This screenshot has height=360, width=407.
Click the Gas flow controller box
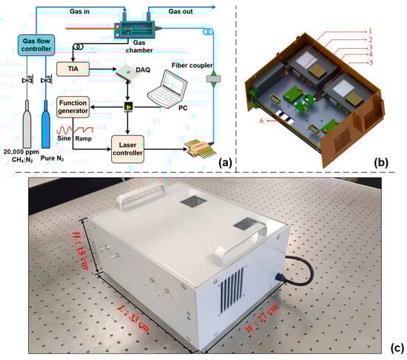(x=36, y=45)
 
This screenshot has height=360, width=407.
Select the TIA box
(x=73, y=69)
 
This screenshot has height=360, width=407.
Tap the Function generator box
(x=73, y=107)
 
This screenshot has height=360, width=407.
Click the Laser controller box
(x=127, y=149)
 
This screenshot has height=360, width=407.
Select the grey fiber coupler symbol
(x=213, y=79)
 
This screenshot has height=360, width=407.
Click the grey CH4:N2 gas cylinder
(x=27, y=123)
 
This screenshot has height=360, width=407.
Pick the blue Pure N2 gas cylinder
(x=46, y=123)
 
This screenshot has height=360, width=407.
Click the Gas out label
(x=181, y=11)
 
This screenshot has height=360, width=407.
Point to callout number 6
(x=262, y=120)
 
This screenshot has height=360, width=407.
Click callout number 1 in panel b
(x=370, y=31)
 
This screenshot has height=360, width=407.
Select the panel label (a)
(x=225, y=163)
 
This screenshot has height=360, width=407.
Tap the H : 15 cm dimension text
(x=80, y=251)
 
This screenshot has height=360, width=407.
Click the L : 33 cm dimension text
(x=133, y=319)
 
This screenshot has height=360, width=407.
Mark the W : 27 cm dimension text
(x=262, y=317)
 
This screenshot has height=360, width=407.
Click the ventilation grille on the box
(x=232, y=291)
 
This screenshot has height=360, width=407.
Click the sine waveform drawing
(x=64, y=129)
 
